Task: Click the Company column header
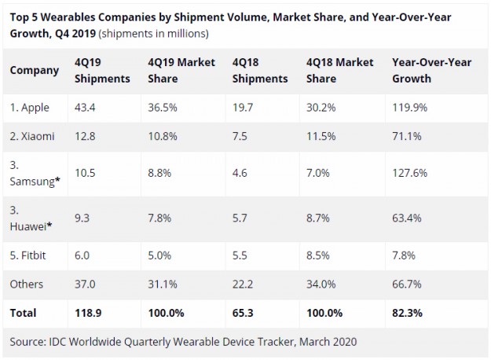click(x=35, y=70)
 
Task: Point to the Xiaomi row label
click(x=32, y=136)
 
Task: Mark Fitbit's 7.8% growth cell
click(x=404, y=255)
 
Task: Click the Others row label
click(x=27, y=284)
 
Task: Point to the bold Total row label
click(x=24, y=312)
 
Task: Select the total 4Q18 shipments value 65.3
click(x=244, y=312)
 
